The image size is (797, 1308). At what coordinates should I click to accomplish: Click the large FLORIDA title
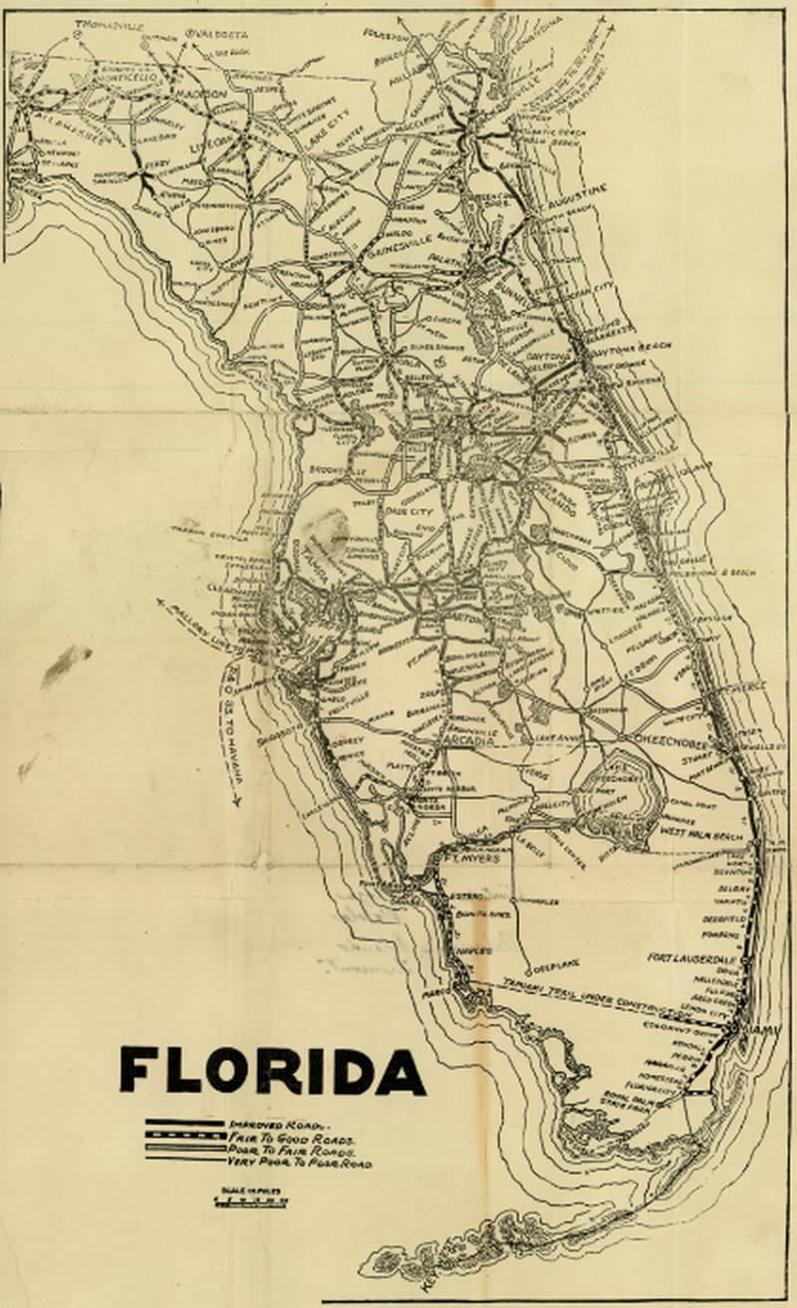[272, 1071]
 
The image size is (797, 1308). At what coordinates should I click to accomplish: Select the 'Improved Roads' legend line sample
[184, 1123]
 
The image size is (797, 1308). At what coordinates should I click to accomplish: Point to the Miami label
[760, 1027]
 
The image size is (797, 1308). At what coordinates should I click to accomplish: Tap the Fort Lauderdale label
[691, 957]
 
